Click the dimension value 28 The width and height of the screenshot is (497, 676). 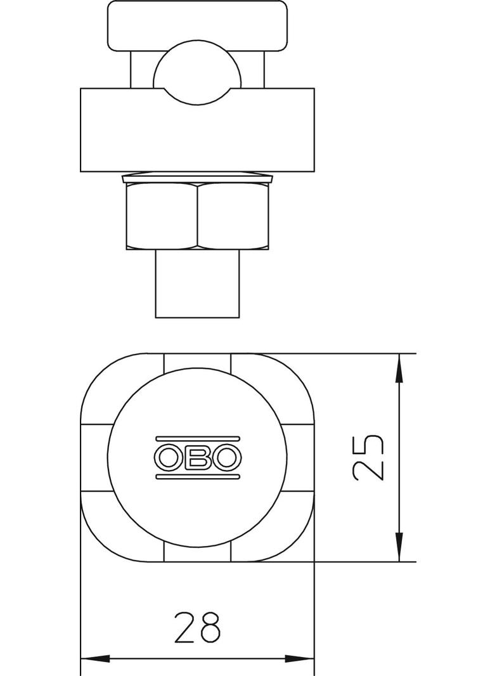click(x=197, y=627)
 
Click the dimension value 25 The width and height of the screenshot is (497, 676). click(x=369, y=458)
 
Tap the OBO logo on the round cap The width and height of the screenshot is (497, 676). click(x=197, y=457)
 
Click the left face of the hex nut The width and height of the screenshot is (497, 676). click(x=162, y=216)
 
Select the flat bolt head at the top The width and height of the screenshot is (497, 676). click(x=197, y=25)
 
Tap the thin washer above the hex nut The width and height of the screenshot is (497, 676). click(x=197, y=177)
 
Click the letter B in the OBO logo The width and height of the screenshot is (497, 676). click(x=198, y=457)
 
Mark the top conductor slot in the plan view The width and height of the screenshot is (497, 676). click(x=197, y=362)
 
